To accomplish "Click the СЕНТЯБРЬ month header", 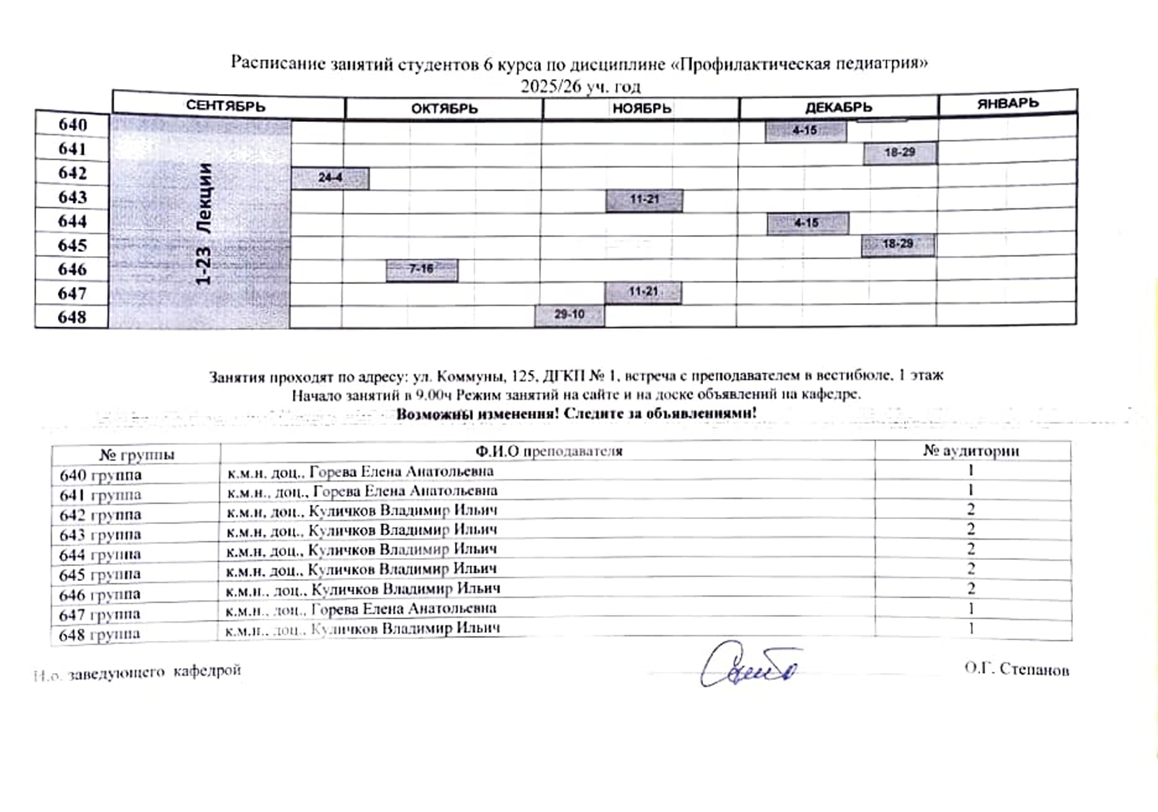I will pos(225,106).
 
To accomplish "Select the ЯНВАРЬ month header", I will pos(1007,104).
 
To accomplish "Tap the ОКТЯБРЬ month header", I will pos(444,108).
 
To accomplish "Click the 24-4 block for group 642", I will pos(330,178).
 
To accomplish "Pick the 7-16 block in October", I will pos(422,269).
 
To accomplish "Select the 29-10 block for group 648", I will pos(569,315).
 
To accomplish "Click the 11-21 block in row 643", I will pos(644,200).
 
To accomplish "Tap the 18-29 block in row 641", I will pos(899,153).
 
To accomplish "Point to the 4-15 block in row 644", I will pos(807,223).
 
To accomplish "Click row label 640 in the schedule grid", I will pos(73,125).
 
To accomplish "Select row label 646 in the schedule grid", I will pos(72,269).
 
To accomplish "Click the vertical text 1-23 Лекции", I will pos(204,224).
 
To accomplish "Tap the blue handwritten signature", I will pos(749,666).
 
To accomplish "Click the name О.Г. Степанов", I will pos(1016,669).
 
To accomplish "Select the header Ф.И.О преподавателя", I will pos(548,451).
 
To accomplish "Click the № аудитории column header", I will pos(971,451).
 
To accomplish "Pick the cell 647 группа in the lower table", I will pos(100,614).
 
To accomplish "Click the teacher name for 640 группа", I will pos(360,471).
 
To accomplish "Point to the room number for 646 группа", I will pos(971,588).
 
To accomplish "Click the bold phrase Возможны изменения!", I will pos(478,413).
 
